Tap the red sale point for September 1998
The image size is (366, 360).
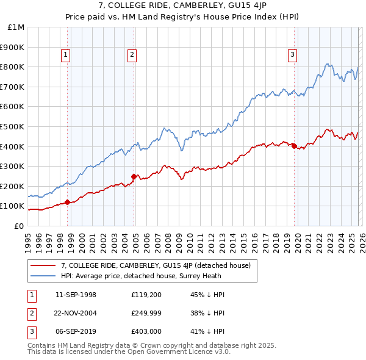click(x=67, y=202)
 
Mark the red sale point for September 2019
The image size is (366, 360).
click(x=294, y=146)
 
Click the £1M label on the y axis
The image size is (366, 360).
click(x=16, y=27)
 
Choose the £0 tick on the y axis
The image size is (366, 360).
click(x=18, y=226)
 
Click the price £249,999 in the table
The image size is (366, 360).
click(x=145, y=314)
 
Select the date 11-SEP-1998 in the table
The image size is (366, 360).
click(x=76, y=295)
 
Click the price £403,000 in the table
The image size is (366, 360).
click(x=145, y=333)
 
